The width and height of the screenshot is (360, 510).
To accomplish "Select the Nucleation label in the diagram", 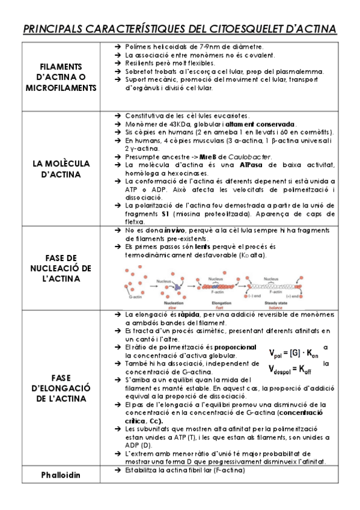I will click(x=172, y=304).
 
